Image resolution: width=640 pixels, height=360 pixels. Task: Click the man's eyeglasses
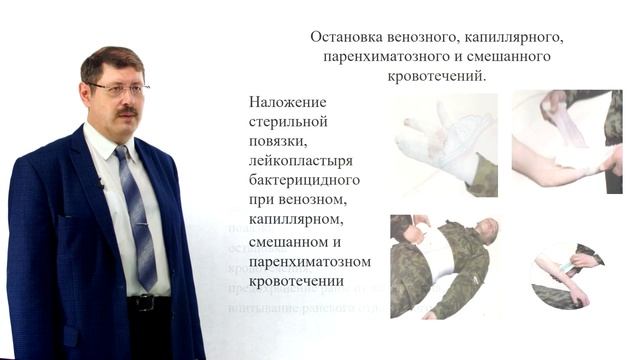118,89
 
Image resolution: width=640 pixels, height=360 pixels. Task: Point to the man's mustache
125,111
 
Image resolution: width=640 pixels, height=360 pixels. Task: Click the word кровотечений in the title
437,78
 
